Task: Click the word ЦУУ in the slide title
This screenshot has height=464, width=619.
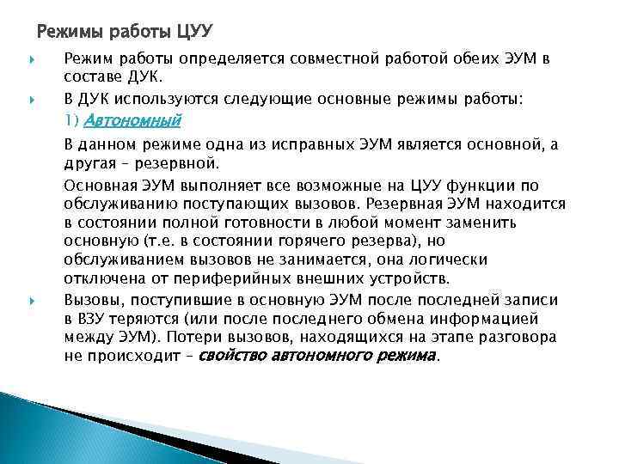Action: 193,34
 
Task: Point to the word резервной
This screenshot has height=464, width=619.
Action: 179,162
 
